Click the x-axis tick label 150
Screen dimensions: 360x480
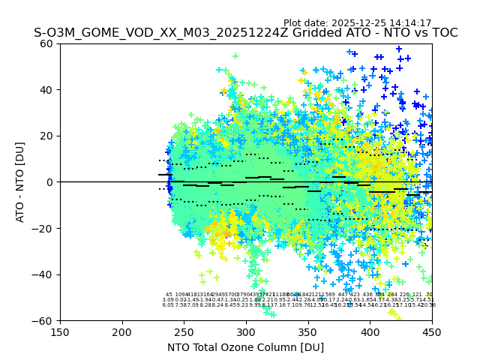[60, 332]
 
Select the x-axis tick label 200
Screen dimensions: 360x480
[122, 332]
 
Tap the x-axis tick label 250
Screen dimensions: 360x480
[184, 332]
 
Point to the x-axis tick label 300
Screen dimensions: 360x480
[246, 332]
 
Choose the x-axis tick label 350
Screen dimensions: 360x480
[308, 332]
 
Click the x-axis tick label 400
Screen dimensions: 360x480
[370, 332]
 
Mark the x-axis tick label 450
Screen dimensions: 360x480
[432, 332]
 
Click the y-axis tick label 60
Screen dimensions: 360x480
[47, 43]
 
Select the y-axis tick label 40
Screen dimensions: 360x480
[47, 90]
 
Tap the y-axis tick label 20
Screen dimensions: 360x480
[47, 136]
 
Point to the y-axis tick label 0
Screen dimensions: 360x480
[50, 182]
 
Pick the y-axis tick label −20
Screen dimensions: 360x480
[43, 228]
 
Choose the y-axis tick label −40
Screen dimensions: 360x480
[43, 274]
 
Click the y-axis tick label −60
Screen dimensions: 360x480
[43, 320]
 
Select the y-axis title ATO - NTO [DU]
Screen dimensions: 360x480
[21, 182]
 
